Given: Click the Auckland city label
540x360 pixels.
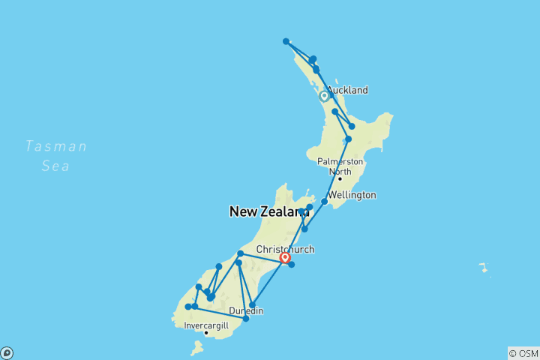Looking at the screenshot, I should click(347, 90).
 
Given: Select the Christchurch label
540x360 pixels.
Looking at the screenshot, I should click(285, 250).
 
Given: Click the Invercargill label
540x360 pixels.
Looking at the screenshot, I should click(208, 325).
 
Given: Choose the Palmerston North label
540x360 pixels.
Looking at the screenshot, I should click(340, 166).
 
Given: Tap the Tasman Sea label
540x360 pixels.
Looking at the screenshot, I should click(55, 156).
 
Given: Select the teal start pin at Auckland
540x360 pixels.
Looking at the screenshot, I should click(324, 95).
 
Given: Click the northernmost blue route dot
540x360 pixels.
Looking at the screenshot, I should click(286, 41).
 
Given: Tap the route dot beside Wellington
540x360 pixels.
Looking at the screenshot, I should click(324, 201).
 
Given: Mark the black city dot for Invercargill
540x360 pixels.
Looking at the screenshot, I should click(206, 333).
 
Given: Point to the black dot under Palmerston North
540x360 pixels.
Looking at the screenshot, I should click(339, 178).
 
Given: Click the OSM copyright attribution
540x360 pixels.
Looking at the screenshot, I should click(523, 353).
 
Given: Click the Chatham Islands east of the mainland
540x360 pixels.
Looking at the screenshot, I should click(484, 267).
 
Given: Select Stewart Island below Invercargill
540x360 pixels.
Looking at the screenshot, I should click(197, 347).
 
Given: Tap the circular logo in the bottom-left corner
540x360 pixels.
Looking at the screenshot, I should click(6, 353).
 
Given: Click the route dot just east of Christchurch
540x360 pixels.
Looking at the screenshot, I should click(292, 264).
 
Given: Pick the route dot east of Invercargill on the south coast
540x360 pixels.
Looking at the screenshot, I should click(246, 319).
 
